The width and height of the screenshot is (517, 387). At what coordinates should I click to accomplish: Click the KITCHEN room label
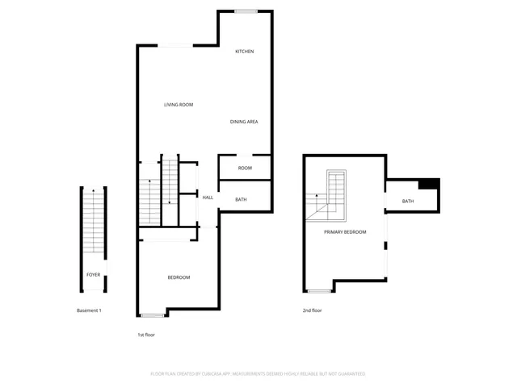(245, 52)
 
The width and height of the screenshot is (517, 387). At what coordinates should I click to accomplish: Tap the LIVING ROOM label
(179, 105)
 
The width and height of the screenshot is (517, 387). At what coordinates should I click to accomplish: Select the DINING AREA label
(244, 122)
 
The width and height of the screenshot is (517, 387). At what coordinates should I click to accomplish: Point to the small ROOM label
(245, 168)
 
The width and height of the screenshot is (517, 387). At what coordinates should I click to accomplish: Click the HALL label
(208, 198)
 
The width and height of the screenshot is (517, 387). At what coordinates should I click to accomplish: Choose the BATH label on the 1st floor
(241, 199)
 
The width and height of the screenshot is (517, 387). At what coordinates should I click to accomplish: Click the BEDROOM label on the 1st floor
(179, 277)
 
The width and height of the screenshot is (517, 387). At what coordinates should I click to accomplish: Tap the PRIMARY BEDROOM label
(345, 232)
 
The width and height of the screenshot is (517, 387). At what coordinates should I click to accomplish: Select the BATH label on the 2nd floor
(408, 202)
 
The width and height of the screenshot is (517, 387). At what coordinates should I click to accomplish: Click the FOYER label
(94, 275)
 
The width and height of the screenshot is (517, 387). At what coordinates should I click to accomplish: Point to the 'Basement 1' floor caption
(89, 310)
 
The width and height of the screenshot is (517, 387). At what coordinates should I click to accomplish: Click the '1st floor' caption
(146, 334)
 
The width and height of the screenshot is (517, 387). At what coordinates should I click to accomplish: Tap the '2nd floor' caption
(313, 310)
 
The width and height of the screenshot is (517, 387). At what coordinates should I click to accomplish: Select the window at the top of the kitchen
(246, 10)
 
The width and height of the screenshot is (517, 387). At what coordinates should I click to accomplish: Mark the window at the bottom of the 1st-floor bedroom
(152, 315)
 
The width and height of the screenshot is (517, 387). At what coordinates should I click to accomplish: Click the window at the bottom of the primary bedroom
(320, 291)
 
